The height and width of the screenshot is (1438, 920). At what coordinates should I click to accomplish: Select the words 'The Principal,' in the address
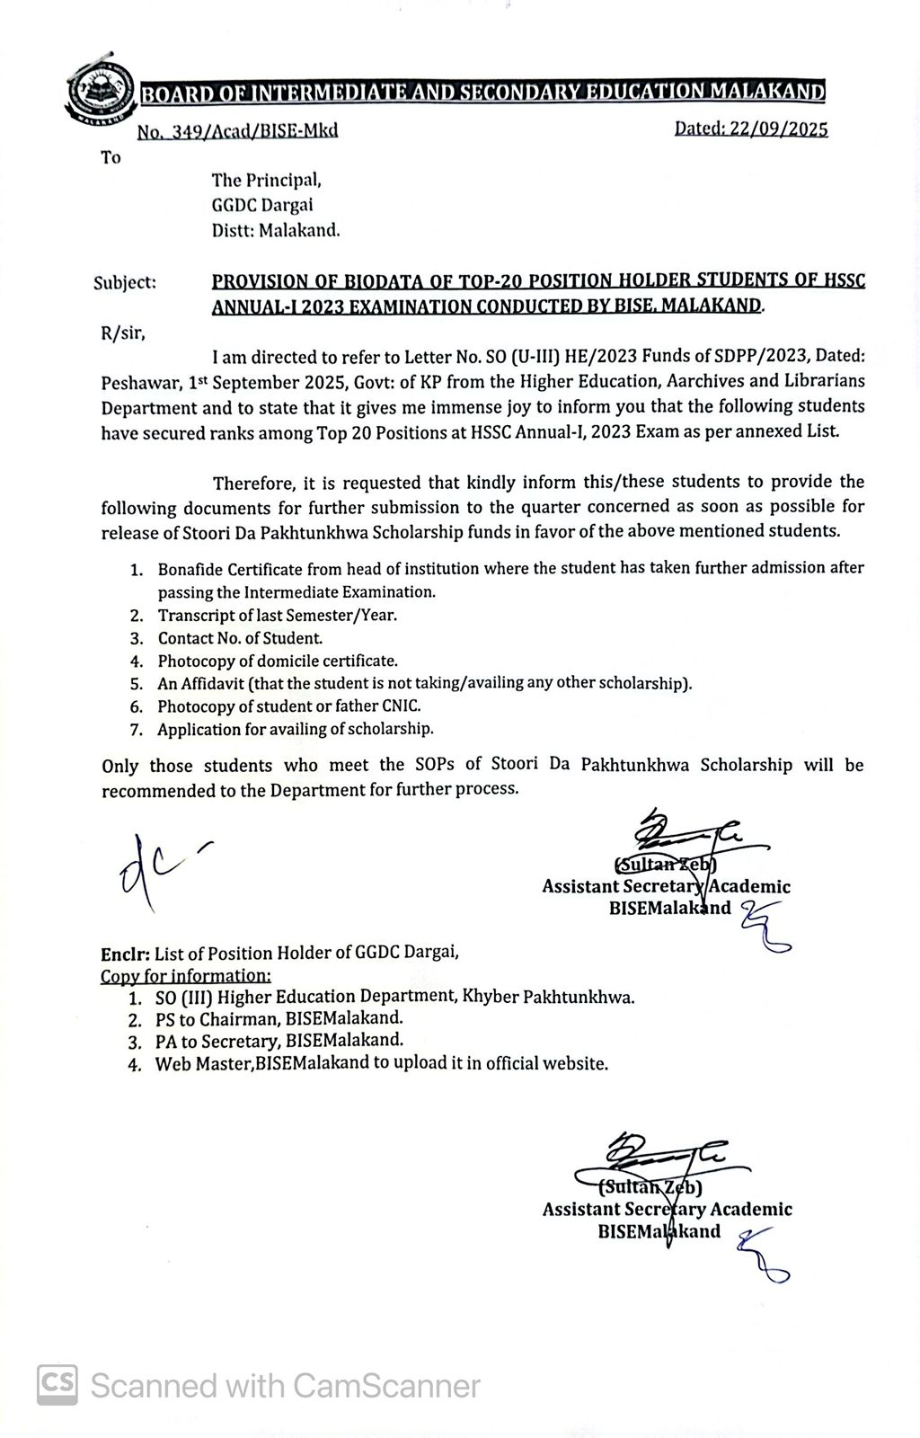point(266,180)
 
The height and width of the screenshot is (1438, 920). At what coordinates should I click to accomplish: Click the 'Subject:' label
point(125,282)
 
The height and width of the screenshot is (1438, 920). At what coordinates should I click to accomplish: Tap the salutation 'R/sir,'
point(123,333)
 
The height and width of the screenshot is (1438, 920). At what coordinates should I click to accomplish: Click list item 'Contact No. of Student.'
point(240,638)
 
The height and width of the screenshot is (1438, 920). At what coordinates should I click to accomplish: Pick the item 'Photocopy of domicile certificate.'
point(278,661)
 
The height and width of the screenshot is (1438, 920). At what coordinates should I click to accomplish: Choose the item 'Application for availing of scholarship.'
point(295,729)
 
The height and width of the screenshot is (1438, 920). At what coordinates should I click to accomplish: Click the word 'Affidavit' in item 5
point(212,683)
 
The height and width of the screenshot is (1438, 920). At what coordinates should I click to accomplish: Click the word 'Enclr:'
point(125,953)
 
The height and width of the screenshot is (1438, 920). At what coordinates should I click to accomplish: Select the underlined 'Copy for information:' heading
point(186,975)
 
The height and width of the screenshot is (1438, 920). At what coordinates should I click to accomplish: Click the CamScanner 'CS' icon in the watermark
point(57,1385)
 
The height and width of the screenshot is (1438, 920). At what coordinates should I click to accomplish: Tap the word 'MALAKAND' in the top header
point(767,92)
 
